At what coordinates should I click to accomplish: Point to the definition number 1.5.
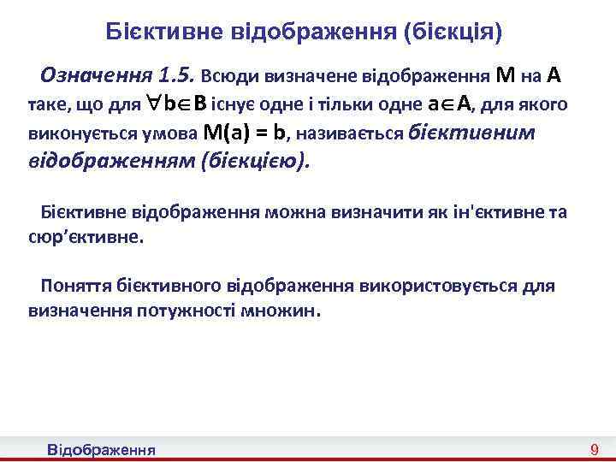click(x=178, y=75)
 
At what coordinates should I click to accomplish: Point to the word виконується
click(x=73, y=133)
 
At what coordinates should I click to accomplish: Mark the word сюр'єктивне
click(x=82, y=236)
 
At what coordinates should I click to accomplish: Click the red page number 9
click(x=595, y=449)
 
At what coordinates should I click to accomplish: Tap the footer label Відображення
click(x=101, y=449)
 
